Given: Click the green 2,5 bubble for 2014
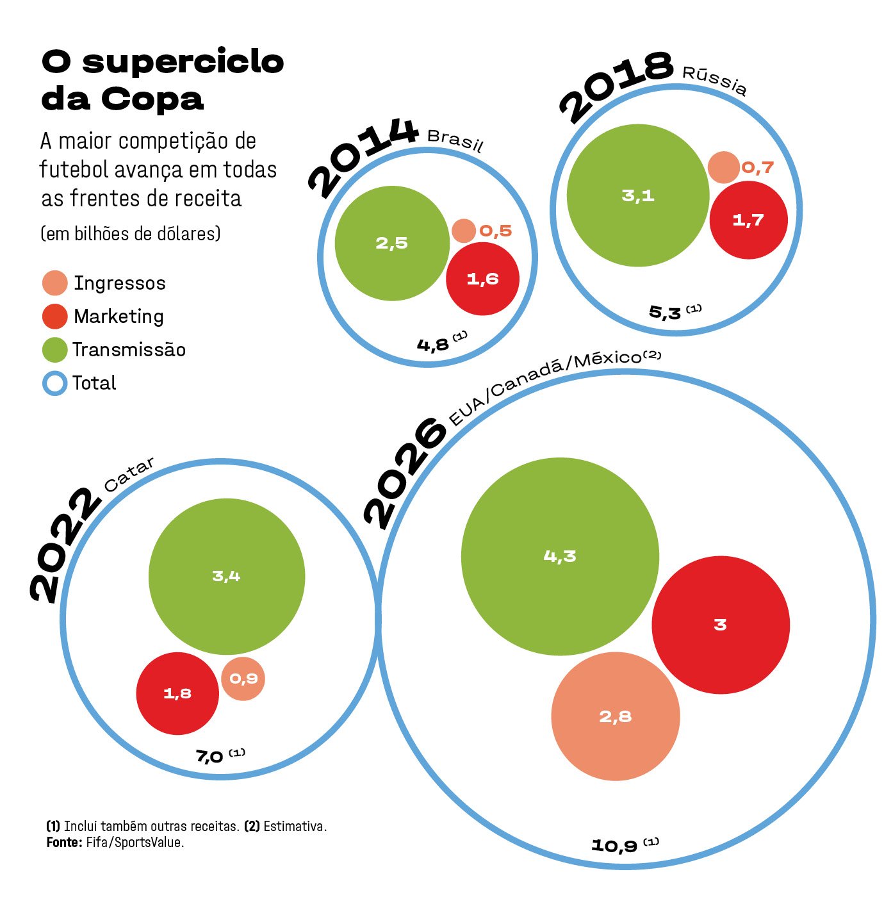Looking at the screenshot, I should click(x=392, y=243).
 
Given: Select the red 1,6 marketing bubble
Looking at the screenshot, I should click(x=482, y=279).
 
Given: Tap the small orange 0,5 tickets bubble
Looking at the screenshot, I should click(x=464, y=231).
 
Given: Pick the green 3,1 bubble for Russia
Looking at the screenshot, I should click(x=638, y=195).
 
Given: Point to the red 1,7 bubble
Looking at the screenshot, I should click(x=748, y=220).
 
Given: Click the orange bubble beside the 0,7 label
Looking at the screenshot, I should click(x=724, y=167).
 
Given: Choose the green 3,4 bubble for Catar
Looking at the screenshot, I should click(x=227, y=577).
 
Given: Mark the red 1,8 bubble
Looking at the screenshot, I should click(x=177, y=693).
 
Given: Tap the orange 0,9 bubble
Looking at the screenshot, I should click(x=243, y=679).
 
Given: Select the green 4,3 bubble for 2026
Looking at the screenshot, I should click(x=560, y=556).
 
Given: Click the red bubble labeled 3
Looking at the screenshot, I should click(x=721, y=625).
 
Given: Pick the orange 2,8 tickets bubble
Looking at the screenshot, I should click(x=616, y=716).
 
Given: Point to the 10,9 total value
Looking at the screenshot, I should click(x=614, y=846).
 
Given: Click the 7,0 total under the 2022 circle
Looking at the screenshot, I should click(x=210, y=757).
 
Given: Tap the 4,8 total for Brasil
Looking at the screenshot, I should click(x=433, y=345).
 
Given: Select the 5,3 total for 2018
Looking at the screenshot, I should click(x=665, y=313).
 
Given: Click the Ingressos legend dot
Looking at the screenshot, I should click(x=54, y=283).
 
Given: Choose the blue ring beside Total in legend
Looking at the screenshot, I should click(x=54, y=383).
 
